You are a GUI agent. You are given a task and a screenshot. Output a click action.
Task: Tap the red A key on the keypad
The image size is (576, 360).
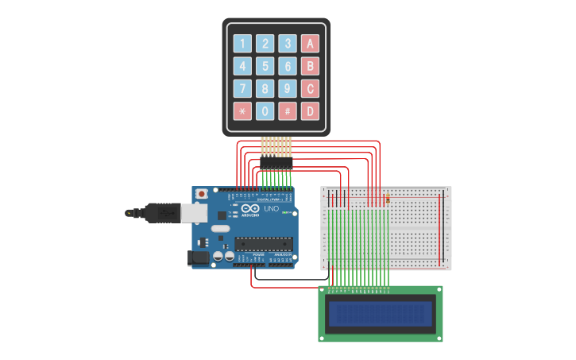tap(310, 44)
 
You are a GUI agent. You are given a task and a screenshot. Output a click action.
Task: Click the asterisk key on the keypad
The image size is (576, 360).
tap(242, 111)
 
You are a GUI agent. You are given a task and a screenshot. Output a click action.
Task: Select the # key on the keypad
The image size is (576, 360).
tap(288, 111)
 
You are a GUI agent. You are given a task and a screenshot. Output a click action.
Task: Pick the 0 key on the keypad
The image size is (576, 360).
tap(265, 111)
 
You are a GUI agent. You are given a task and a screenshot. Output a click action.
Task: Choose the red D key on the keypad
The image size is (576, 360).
tap(310, 111)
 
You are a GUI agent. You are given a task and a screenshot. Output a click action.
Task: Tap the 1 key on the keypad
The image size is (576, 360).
tap(242, 44)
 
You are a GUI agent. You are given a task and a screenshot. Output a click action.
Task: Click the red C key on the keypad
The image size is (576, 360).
tap(310, 88)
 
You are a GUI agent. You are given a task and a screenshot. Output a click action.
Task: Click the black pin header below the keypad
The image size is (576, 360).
tap(276, 163)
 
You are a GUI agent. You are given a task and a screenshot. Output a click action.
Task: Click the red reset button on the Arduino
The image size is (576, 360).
tap(202, 193)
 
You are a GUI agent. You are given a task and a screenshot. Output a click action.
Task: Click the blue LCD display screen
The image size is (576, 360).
tap(381, 314)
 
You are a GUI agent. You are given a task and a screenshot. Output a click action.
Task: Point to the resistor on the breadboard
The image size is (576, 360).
tap(387, 199)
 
